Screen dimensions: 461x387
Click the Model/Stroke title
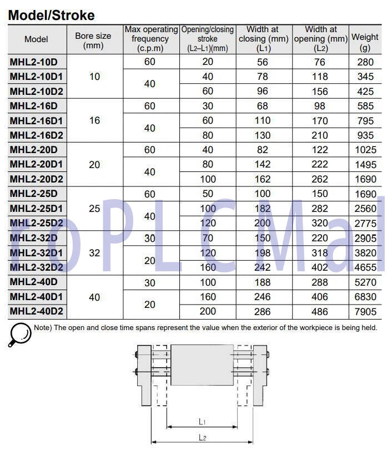51,15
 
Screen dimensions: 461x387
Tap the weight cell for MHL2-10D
365,62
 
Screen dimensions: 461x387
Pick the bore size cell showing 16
94,120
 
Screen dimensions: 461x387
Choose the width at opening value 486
320,312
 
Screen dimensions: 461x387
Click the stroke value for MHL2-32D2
207,267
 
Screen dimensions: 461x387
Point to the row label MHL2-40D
34,282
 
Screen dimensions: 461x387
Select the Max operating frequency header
150,39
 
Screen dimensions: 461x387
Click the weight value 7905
365,312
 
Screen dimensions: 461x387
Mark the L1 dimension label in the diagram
203,422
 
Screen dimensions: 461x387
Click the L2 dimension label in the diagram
203,438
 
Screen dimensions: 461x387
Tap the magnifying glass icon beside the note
19,335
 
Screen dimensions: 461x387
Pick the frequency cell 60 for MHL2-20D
150,150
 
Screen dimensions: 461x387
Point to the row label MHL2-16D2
37,135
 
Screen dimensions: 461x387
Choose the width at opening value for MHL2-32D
320,238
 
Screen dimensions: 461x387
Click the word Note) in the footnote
43,327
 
